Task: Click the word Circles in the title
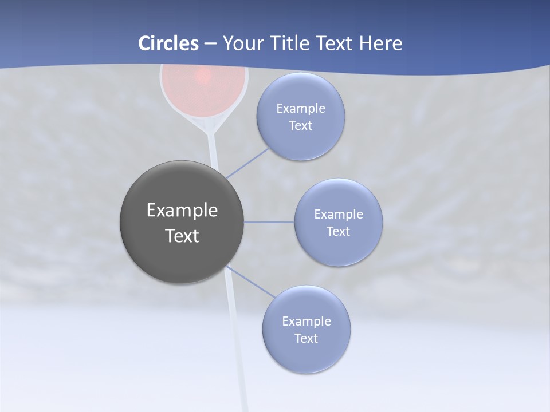tap(168, 43)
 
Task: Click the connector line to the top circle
tap(248, 163)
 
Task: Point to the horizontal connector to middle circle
tap(269, 222)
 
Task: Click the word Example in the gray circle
tap(182, 211)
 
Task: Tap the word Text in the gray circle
tap(182, 236)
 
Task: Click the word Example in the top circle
tap(300, 109)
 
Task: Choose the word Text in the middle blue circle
tap(338, 232)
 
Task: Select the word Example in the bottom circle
tap(306, 322)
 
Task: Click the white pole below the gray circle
tap(236, 343)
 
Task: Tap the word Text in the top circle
tap(300, 126)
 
